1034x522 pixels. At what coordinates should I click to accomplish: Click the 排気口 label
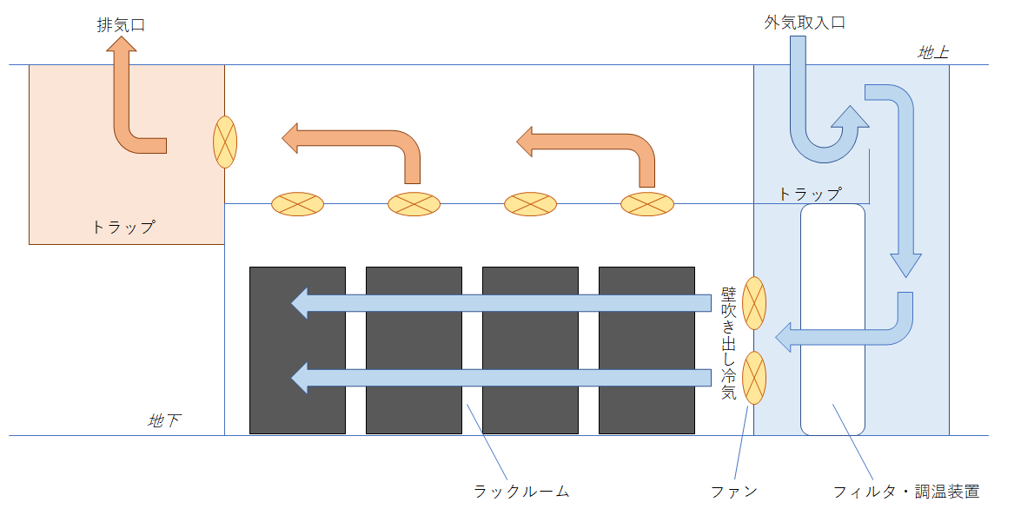tap(121, 25)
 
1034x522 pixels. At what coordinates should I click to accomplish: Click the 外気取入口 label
tap(805, 23)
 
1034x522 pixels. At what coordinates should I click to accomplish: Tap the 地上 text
tap(933, 53)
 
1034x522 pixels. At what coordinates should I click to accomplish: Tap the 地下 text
tap(164, 421)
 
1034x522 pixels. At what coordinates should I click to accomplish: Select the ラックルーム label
tap(521, 492)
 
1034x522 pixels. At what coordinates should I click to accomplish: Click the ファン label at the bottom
tap(734, 492)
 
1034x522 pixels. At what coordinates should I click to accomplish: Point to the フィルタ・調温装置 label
tap(906, 492)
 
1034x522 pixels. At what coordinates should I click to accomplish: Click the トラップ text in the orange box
tap(123, 228)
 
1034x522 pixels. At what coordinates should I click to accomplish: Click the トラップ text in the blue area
tap(810, 195)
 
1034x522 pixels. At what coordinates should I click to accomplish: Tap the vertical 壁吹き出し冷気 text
tap(729, 343)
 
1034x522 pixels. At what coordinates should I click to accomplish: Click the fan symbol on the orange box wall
tap(225, 142)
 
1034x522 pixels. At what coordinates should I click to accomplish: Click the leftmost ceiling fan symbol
tap(297, 204)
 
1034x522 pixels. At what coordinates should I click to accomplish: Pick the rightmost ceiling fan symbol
tap(646, 204)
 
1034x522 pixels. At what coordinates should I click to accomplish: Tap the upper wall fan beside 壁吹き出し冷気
tap(754, 303)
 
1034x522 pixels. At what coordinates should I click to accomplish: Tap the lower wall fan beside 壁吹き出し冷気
tap(754, 378)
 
